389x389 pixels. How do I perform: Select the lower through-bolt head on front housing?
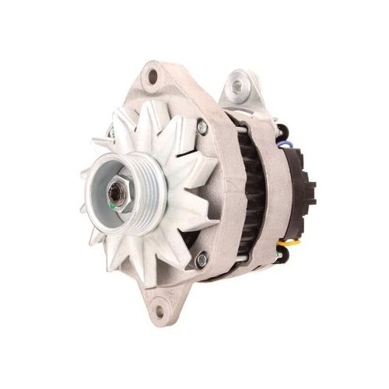(204, 259)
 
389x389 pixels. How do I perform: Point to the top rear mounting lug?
(241, 89)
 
